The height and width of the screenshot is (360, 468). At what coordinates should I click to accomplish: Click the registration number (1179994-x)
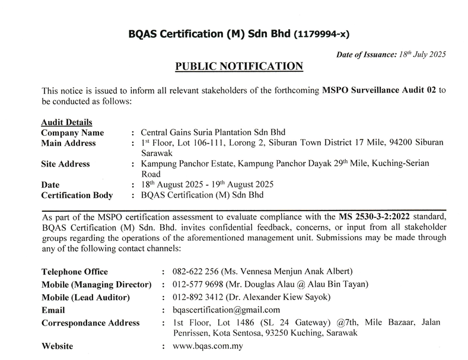click(x=326, y=34)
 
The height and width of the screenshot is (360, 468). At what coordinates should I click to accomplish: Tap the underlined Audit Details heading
click(x=66, y=122)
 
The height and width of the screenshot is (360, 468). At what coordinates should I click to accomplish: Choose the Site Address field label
click(x=65, y=164)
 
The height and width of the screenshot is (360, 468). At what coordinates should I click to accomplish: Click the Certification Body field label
click(x=78, y=195)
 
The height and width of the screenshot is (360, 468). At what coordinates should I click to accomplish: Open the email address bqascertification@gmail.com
click(x=225, y=310)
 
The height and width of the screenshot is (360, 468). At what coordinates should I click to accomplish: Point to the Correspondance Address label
click(x=91, y=323)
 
